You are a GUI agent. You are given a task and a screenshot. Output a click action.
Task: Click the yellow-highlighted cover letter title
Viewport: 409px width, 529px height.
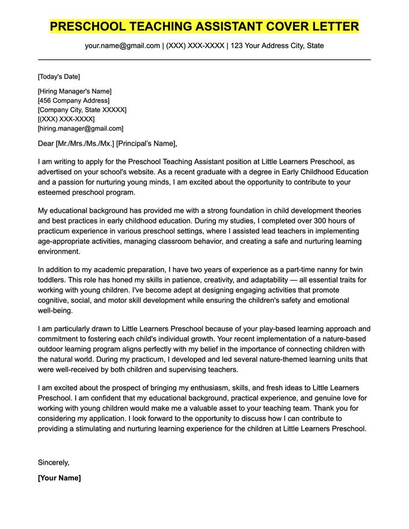pos(204,26)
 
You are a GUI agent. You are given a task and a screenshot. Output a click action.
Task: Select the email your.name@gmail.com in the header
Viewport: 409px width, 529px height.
pos(122,46)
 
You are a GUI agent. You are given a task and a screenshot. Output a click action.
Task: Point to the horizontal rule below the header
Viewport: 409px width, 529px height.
pos(204,60)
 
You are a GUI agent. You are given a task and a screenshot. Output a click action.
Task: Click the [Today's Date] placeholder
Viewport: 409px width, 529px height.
pos(58,76)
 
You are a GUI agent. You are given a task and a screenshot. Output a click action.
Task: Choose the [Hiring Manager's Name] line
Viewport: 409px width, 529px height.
pos(75,91)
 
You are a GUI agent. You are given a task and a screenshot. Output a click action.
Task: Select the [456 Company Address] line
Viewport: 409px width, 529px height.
pos(73,100)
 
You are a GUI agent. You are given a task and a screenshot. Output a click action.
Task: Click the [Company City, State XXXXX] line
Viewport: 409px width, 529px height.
pos(82,110)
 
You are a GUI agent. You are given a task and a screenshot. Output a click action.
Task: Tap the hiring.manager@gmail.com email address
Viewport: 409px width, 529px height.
pos(81,128)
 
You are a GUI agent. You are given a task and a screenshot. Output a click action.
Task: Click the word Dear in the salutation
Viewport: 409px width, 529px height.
pos(46,144)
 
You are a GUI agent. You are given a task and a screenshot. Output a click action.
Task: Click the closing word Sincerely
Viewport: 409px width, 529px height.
pos(54,462)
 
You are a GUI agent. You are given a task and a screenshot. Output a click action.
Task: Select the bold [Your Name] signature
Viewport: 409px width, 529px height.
pos(59,478)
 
